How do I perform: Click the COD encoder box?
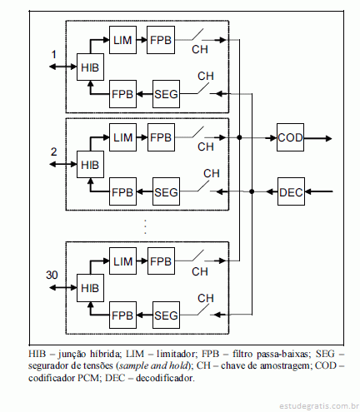pos(290,137)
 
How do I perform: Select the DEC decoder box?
pos(291,191)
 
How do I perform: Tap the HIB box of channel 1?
pos(90,67)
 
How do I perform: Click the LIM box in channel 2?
pos(122,137)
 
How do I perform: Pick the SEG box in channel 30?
pos(166,315)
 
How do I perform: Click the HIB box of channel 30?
pos(90,288)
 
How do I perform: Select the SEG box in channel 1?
pos(166,94)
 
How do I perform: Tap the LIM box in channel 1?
pos(122,40)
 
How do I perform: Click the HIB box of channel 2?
pos(90,165)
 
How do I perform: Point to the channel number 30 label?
pos(52,275)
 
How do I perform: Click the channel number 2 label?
pos(53,151)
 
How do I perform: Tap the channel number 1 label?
pos(54,54)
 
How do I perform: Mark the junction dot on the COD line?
pos(239,137)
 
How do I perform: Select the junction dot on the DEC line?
pos(252,191)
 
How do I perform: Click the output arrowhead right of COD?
pos(328,138)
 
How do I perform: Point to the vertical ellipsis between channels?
pos(145,226)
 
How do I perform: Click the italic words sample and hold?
pos(153,365)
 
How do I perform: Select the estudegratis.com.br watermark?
pos(319,406)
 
